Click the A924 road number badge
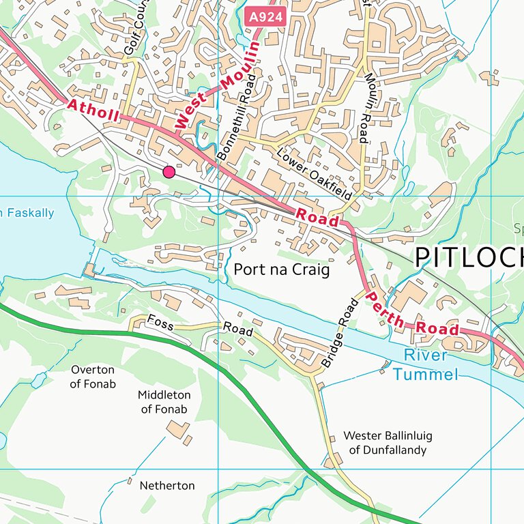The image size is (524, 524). [x=262, y=14]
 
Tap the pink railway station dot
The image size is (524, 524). [x=169, y=172]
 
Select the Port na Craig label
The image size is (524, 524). [x=281, y=270]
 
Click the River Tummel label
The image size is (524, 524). [x=425, y=364]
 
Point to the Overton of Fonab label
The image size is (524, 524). [x=93, y=377]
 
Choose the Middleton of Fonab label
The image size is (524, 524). [x=164, y=402]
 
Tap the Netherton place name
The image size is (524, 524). [x=167, y=486]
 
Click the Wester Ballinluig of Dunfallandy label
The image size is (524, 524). [x=388, y=443]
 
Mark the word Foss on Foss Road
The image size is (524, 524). [x=160, y=323]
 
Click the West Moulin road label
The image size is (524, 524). [x=217, y=85]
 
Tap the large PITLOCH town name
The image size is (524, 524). [x=469, y=257]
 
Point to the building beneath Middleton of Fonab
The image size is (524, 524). [x=179, y=430]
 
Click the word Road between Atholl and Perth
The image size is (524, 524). [x=317, y=218]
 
